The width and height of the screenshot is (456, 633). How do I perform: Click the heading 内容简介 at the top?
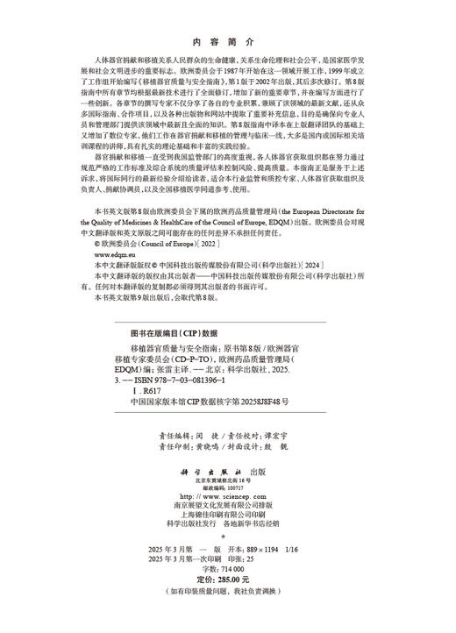point(227,41)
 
